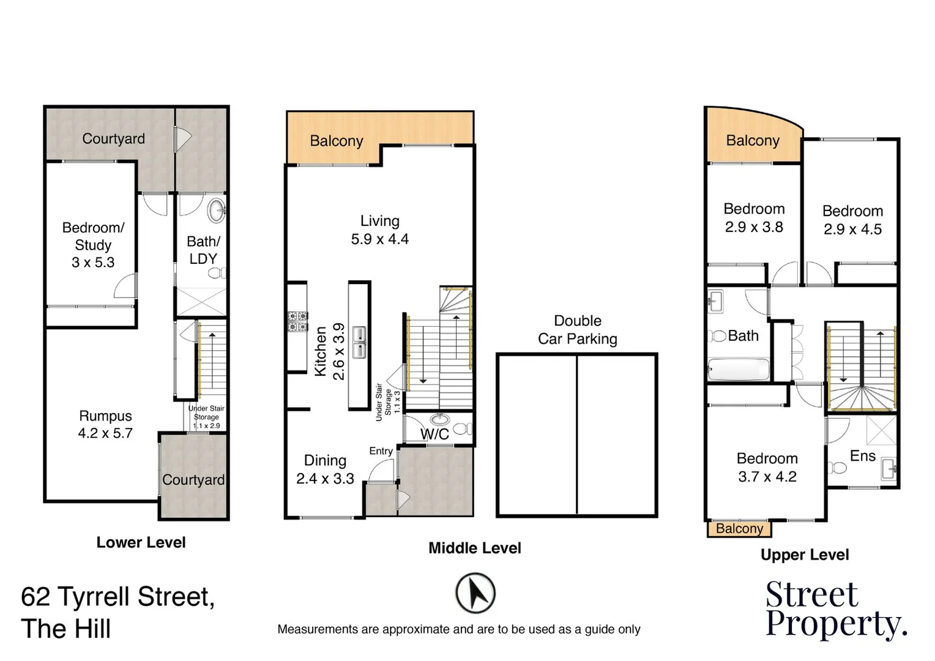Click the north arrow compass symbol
click(x=475, y=593)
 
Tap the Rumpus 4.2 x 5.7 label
click(x=105, y=425)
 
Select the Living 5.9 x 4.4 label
click(x=379, y=230)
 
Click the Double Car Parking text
click(x=577, y=330)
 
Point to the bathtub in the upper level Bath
click(x=738, y=370)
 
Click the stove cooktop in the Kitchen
click(x=297, y=321)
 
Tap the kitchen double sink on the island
click(x=359, y=342)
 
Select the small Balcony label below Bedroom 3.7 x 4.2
click(x=739, y=529)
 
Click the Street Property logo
click(x=835, y=609)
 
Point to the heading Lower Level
click(x=141, y=542)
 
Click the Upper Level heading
click(x=804, y=555)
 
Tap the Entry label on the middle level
click(x=381, y=451)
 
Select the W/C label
click(x=434, y=435)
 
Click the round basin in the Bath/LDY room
click(x=217, y=211)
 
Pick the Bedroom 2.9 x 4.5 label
click(x=852, y=220)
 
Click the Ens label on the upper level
click(x=862, y=456)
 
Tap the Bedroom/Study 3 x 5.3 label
click(x=93, y=245)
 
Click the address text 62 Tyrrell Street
click(x=117, y=597)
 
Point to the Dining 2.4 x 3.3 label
click(x=325, y=469)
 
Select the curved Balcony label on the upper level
click(x=753, y=141)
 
